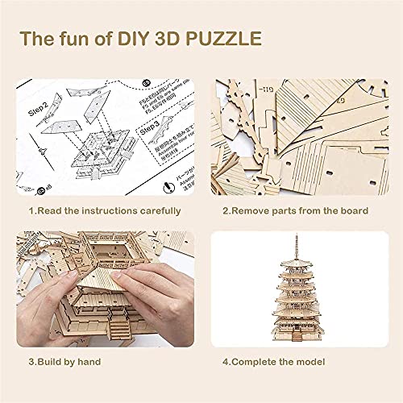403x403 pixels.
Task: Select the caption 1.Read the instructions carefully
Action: [106, 211]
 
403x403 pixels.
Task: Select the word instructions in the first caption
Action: [120, 211]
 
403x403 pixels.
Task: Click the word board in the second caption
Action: [352, 211]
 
